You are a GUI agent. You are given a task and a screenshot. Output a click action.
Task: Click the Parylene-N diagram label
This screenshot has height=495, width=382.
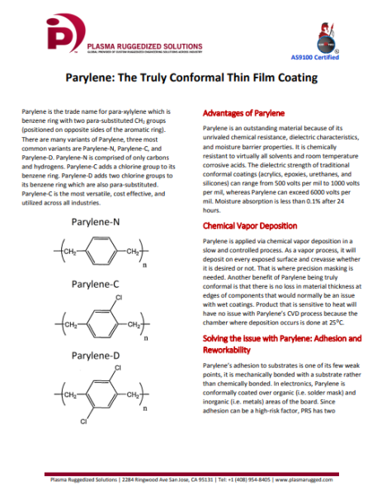95,223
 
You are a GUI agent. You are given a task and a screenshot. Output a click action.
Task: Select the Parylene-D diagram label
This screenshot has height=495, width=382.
95,356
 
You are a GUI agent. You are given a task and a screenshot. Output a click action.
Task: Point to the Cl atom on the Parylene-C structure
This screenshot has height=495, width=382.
118,297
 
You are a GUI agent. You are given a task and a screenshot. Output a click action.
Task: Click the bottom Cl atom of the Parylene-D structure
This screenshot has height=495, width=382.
83,421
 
